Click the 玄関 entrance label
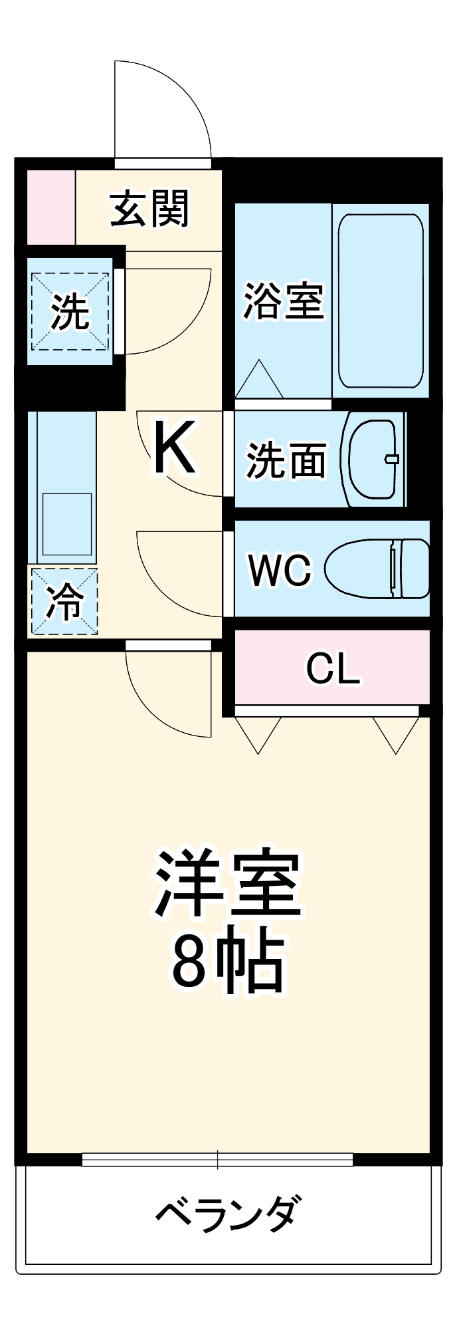coord(150,209)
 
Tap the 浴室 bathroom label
coord(283,301)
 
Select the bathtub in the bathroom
coord(381,301)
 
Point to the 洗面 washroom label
coord(286,460)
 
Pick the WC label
coord(279,570)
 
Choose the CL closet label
coord(332,669)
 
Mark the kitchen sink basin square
coord(66,524)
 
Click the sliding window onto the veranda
coord(217,1160)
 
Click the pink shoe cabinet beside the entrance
coord(50,207)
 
